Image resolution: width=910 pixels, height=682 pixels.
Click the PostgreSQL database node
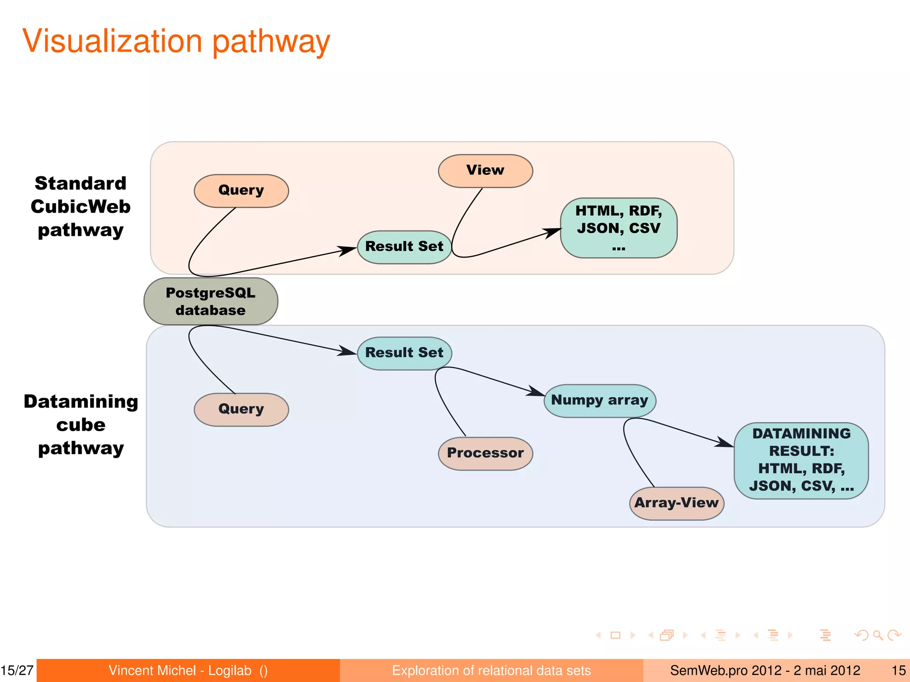(x=211, y=301)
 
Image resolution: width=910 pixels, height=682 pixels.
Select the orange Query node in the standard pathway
(x=241, y=190)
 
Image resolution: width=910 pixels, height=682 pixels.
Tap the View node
(x=485, y=170)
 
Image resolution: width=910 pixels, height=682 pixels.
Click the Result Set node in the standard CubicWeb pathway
(x=404, y=247)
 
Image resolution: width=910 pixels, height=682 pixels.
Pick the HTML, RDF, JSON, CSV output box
(x=619, y=228)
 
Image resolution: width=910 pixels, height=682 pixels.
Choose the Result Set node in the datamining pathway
(x=404, y=353)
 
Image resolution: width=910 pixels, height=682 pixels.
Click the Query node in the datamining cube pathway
(x=241, y=409)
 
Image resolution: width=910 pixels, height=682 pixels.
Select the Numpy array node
(x=599, y=400)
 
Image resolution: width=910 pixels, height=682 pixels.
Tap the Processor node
(x=485, y=453)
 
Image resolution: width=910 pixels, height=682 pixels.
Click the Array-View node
(x=676, y=503)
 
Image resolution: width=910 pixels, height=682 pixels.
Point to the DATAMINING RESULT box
(x=801, y=460)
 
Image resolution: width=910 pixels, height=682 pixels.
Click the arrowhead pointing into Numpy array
(x=536, y=392)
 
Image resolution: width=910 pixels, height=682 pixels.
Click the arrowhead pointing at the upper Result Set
(x=348, y=251)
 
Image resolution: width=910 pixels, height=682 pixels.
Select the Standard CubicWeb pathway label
(x=80, y=207)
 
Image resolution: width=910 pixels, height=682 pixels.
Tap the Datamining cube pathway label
(x=81, y=425)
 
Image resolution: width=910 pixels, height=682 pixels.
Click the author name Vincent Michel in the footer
(x=152, y=670)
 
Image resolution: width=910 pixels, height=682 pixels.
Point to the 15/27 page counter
(x=17, y=670)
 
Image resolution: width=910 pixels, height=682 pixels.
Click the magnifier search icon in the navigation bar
(x=878, y=635)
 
